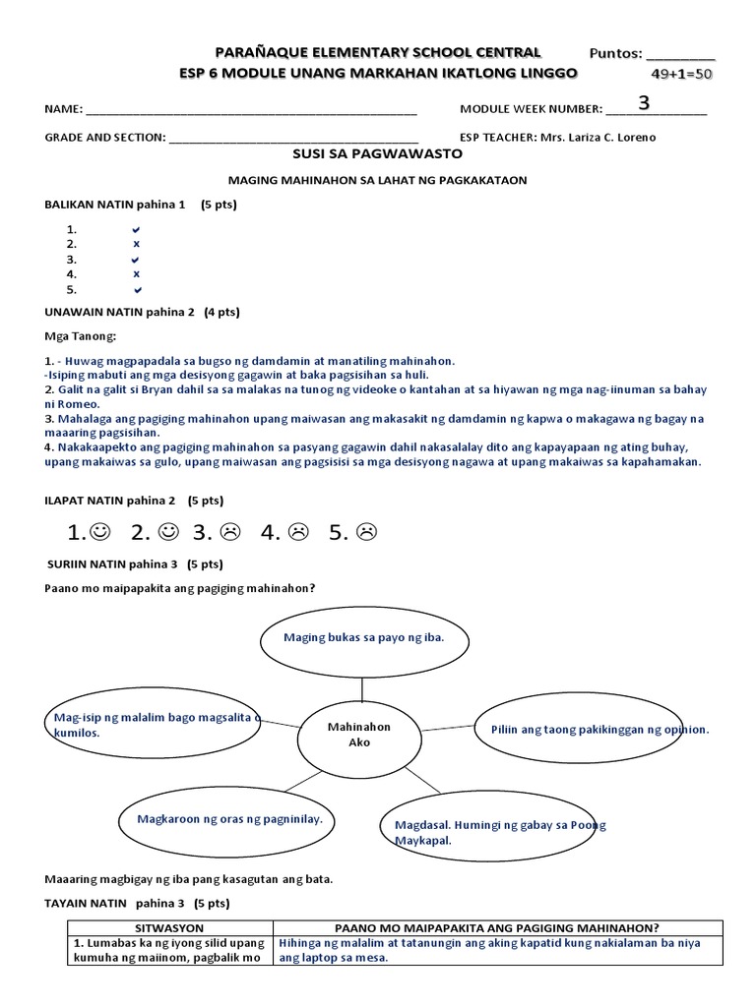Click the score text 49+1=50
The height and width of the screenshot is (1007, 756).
[682, 74]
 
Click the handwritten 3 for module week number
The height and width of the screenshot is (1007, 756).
[644, 103]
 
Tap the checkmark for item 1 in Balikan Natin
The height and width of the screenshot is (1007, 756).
[137, 229]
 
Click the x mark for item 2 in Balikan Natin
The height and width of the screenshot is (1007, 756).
[137, 244]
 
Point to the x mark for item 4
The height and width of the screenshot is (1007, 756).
[137, 274]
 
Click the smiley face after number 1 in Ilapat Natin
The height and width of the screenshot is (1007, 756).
[99, 533]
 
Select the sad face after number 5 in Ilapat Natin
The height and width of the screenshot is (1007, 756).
[366, 533]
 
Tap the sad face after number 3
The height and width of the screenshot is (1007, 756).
[229, 533]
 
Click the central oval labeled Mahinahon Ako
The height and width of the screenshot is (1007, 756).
[359, 735]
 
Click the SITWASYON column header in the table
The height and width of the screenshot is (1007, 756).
[169, 927]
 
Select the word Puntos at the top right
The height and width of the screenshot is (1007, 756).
[615, 53]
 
